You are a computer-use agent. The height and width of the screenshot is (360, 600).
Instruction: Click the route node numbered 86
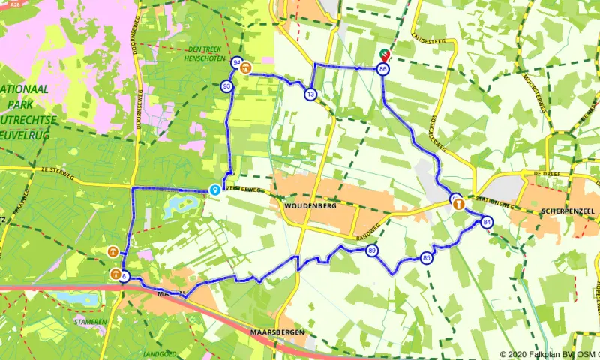383,69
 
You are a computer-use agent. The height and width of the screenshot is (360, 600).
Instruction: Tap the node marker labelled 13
310,94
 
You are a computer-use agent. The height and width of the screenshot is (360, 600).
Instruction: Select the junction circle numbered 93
226,87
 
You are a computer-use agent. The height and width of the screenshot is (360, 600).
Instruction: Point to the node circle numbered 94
237,62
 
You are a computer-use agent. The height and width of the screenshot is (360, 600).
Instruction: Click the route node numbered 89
372,251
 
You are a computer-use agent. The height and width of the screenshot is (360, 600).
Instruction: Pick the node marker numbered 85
427,258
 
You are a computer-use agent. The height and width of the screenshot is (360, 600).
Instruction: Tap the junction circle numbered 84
487,222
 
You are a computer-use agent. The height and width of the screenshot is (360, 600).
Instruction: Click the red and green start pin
385,54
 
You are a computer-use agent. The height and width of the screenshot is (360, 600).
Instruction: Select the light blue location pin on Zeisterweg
215,190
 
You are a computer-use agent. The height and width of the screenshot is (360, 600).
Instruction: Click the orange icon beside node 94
247,67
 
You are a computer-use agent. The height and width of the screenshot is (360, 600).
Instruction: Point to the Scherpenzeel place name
566,212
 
